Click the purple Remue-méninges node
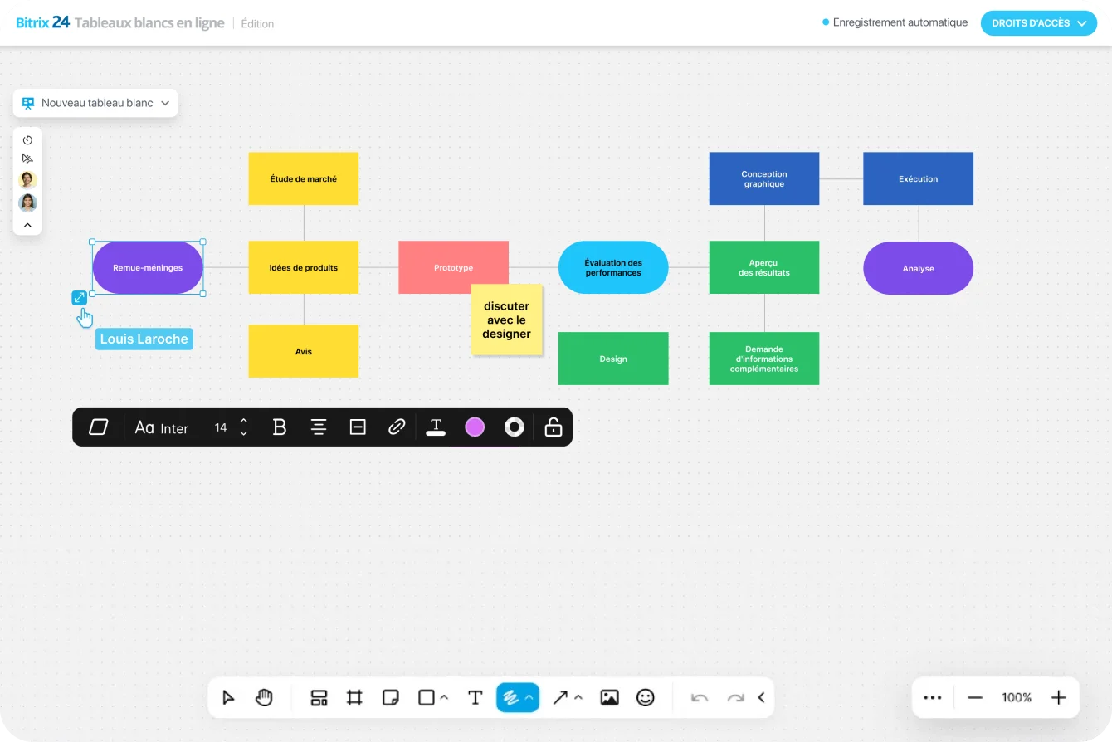(x=148, y=268)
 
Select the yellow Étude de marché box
(x=304, y=178)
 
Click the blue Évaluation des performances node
(x=613, y=267)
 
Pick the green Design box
(x=613, y=359)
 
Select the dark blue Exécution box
(x=918, y=178)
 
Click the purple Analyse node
(x=918, y=268)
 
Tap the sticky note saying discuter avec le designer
(x=507, y=320)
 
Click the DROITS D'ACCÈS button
(x=1038, y=23)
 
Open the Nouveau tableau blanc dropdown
(x=95, y=103)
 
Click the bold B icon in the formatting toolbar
(x=280, y=427)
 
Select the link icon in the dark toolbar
(x=397, y=427)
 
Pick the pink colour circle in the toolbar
(x=475, y=427)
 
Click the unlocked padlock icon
(x=553, y=427)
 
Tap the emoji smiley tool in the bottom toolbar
(x=646, y=697)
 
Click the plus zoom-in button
(x=1058, y=697)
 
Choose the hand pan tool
(x=264, y=697)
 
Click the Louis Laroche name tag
(x=144, y=339)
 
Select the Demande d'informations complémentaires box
(x=764, y=359)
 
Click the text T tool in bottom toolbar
(x=476, y=697)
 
